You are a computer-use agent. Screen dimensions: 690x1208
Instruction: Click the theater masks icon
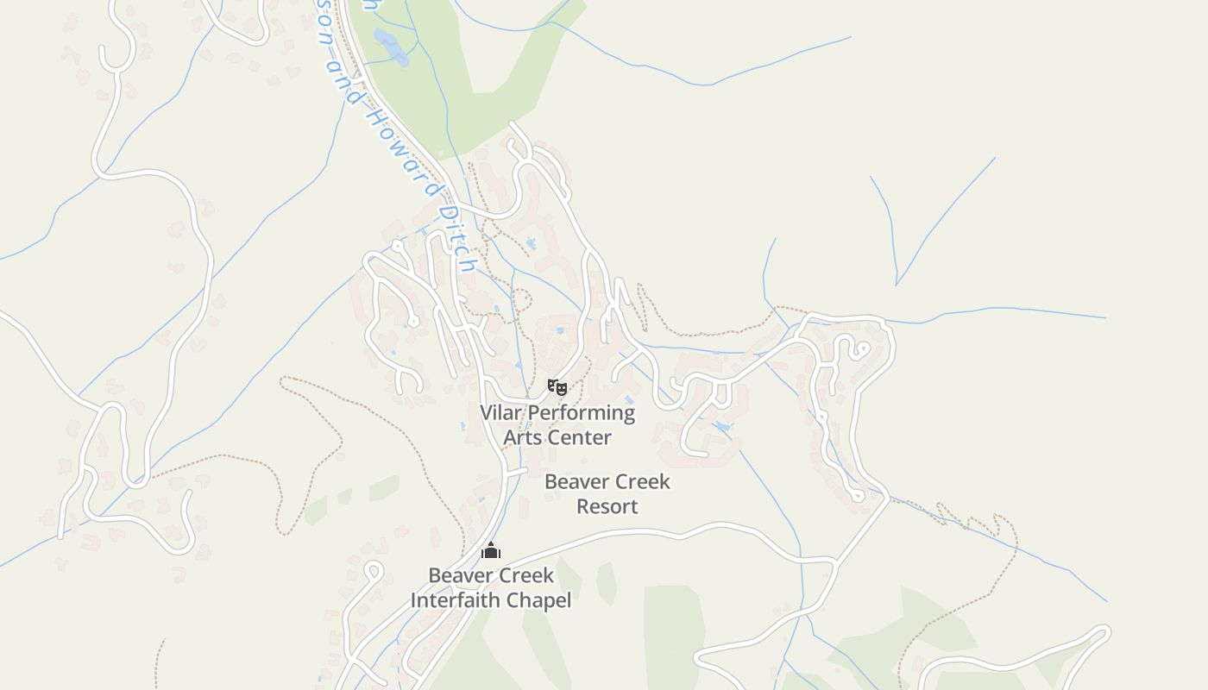point(557,387)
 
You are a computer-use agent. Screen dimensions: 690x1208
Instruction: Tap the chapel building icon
point(491,550)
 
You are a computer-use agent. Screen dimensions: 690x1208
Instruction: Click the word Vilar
point(501,413)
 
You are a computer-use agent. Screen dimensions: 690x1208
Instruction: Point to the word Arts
point(522,437)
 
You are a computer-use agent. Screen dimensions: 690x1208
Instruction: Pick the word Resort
point(607,506)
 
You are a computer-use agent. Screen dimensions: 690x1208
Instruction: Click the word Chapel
point(542,599)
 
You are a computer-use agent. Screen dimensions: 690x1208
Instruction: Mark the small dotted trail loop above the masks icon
point(520,300)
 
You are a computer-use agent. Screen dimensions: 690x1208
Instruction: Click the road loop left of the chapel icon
point(373,570)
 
